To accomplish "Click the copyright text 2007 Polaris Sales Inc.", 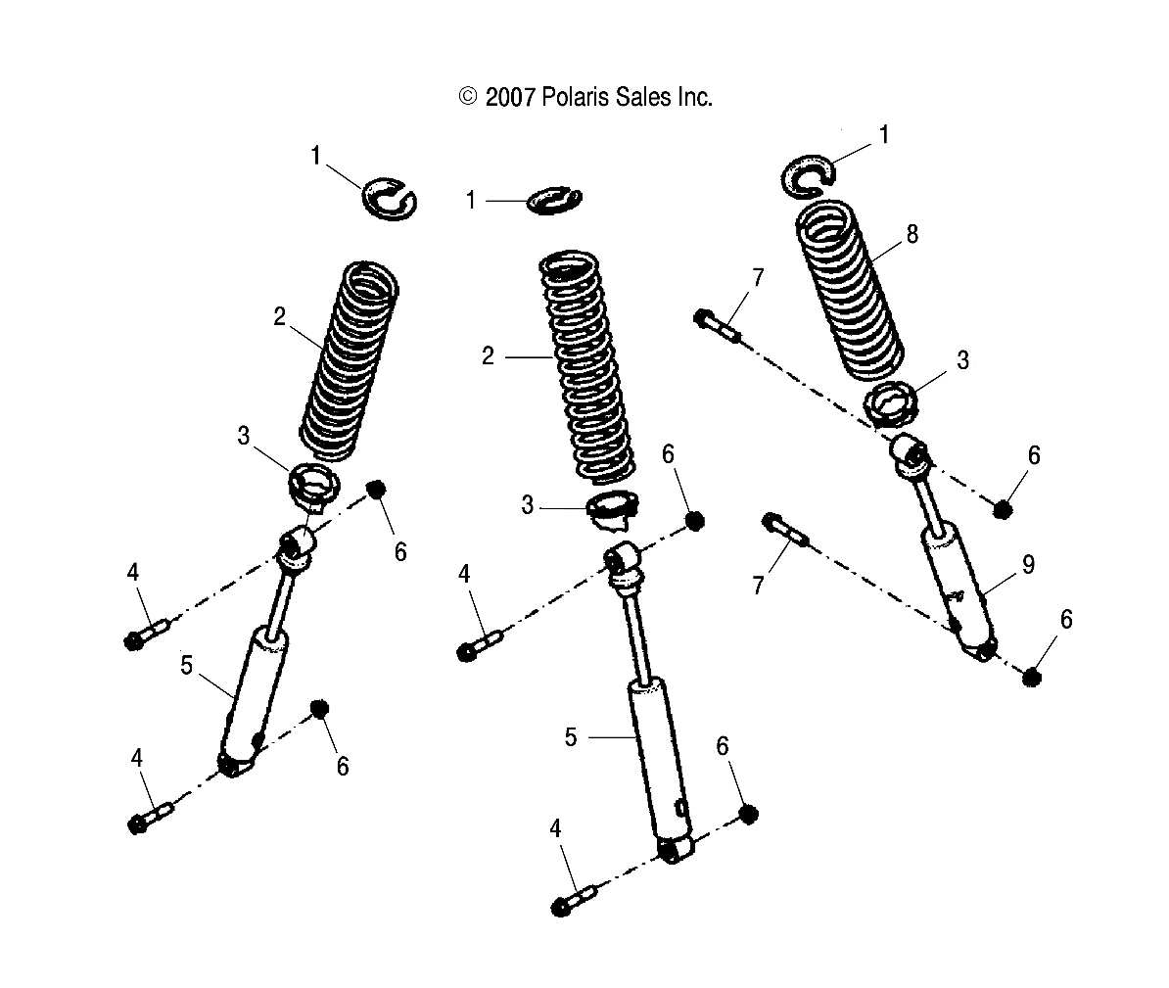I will click(584, 97).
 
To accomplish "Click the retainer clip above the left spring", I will click(389, 195).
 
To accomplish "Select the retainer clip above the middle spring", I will click(555, 200).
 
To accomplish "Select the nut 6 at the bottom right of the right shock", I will click(1032, 677).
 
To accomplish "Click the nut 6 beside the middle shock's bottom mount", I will click(748, 814).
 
